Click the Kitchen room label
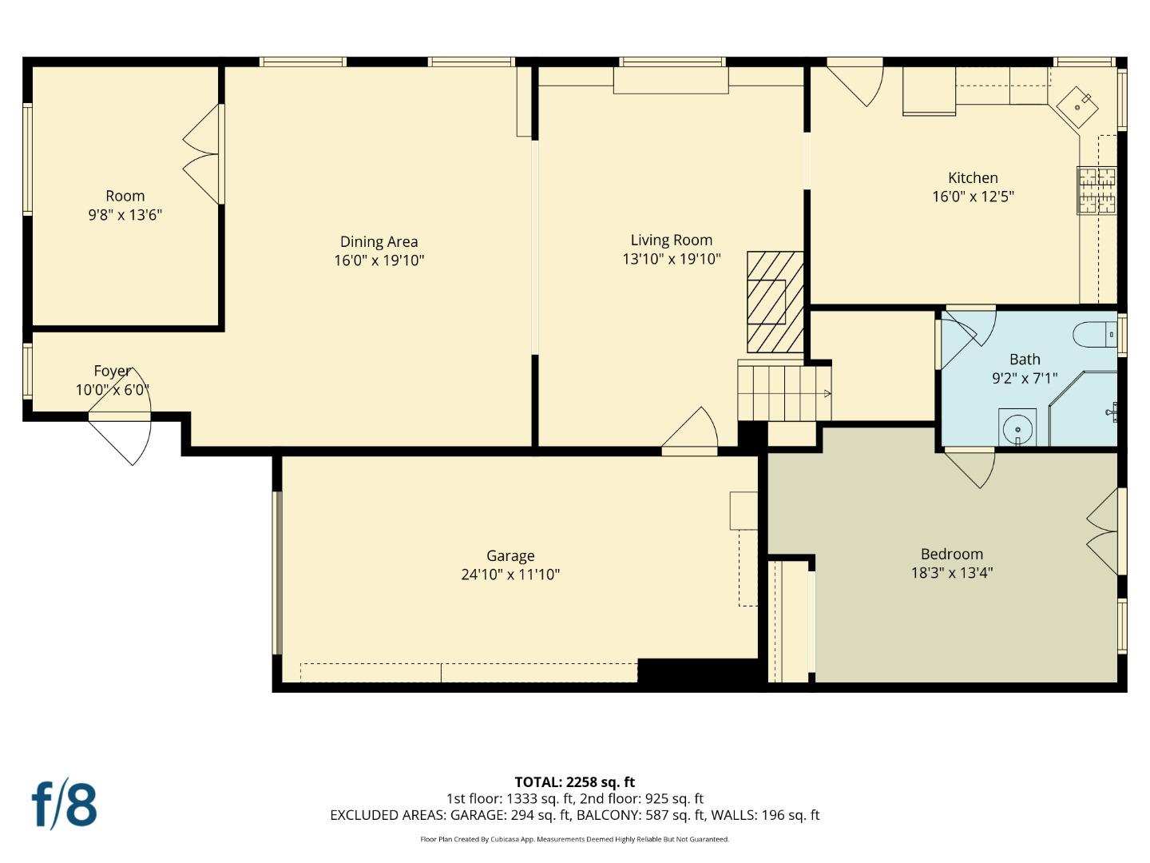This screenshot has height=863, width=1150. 973,177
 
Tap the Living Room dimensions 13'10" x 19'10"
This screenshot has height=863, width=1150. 671,259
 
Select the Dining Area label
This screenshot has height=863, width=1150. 379,241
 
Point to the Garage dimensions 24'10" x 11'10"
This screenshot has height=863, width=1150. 510,575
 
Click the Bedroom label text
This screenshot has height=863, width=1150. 952,554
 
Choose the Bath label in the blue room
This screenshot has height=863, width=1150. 1025,360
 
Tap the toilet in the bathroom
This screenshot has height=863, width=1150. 1094,334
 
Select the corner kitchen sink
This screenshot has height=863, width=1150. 1077,107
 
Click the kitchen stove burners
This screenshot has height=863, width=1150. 1096,190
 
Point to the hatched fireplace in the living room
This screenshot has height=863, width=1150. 775,302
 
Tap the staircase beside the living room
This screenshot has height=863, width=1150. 784,393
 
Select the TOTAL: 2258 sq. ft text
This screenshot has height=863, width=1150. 575,781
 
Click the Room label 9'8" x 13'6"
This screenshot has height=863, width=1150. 125,205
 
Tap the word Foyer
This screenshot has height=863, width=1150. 112,371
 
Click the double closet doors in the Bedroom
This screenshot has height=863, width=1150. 1103,531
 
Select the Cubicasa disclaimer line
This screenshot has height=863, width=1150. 575,839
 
